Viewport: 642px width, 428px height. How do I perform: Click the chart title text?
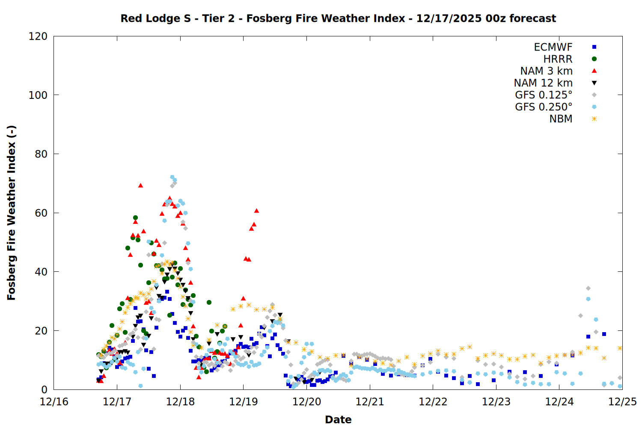tap(338, 18)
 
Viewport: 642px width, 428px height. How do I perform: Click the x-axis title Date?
tap(338, 419)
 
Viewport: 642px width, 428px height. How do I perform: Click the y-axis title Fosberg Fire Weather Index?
tap(12, 213)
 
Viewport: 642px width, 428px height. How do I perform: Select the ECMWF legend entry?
tap(553, 47)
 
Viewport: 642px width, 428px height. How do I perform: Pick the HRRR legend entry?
tap(558, 59)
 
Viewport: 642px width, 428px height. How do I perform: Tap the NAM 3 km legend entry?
tap(546, 71)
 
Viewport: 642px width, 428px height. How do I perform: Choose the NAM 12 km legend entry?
tap(543, 83)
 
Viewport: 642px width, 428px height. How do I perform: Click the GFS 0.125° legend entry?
tap(544, 95)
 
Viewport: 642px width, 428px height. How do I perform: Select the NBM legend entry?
tap(561, 119)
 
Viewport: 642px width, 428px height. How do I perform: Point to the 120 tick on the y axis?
tap(38, 36)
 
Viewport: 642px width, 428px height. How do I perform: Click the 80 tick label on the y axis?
tap(41, 154)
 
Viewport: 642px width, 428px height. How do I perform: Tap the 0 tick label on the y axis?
tap(44, 389)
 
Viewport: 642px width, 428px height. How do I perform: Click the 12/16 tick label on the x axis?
tap(54, 401)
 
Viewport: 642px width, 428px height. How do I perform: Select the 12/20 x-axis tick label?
tap(306, 401)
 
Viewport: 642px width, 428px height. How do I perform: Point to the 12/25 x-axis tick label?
tap(622, 401)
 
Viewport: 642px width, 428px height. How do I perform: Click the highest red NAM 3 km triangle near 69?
tap(140, 185)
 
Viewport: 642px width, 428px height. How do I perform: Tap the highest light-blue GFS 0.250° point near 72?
tap(172, 177)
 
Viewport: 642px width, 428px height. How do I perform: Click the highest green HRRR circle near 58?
tap(135, 218)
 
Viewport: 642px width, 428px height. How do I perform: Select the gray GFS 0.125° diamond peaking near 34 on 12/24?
tap(588, 288)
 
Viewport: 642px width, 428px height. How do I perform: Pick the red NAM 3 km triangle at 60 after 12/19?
tap(256, 211)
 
